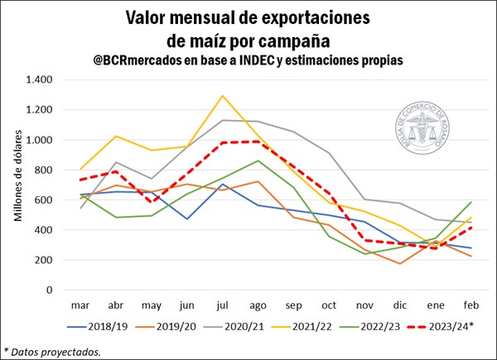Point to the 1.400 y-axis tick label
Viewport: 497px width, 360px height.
[x=39, y=79]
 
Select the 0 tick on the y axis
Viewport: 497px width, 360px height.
[x=50, y=290]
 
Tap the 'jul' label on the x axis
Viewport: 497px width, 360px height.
[x=222, y=305]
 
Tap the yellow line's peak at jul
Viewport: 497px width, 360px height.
[x=222, y=96]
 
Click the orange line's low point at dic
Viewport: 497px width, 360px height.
[x=401, y=264]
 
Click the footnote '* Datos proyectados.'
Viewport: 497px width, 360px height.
[x=52, y=351]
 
